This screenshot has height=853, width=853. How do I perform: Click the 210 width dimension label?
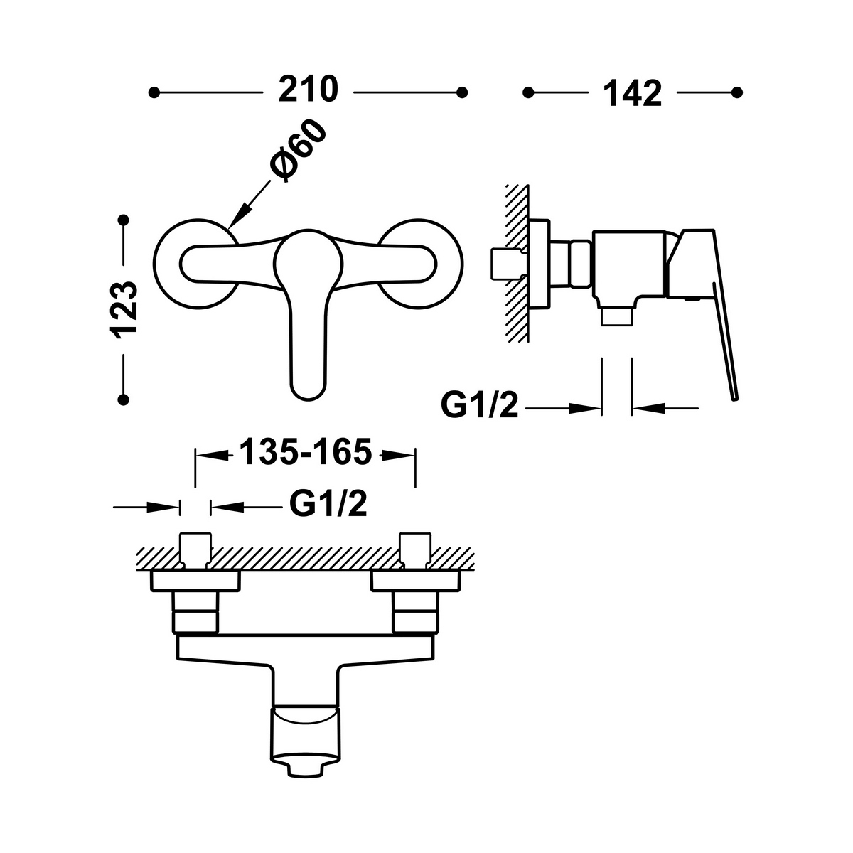pos(308,90)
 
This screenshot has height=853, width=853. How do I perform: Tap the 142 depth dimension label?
pos(632,93)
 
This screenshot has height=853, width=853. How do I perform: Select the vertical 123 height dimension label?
pos(124,310)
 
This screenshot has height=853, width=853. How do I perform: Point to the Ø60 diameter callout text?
pos(299,151)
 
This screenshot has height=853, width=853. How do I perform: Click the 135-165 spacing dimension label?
pos(306,452)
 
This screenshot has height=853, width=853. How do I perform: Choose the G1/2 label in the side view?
pos(479,405)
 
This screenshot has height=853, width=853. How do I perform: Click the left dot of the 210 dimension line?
pos(154,92)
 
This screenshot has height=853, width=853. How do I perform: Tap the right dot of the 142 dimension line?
pos(736,92)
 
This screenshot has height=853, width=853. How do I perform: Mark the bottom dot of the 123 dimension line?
pos(124,399)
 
